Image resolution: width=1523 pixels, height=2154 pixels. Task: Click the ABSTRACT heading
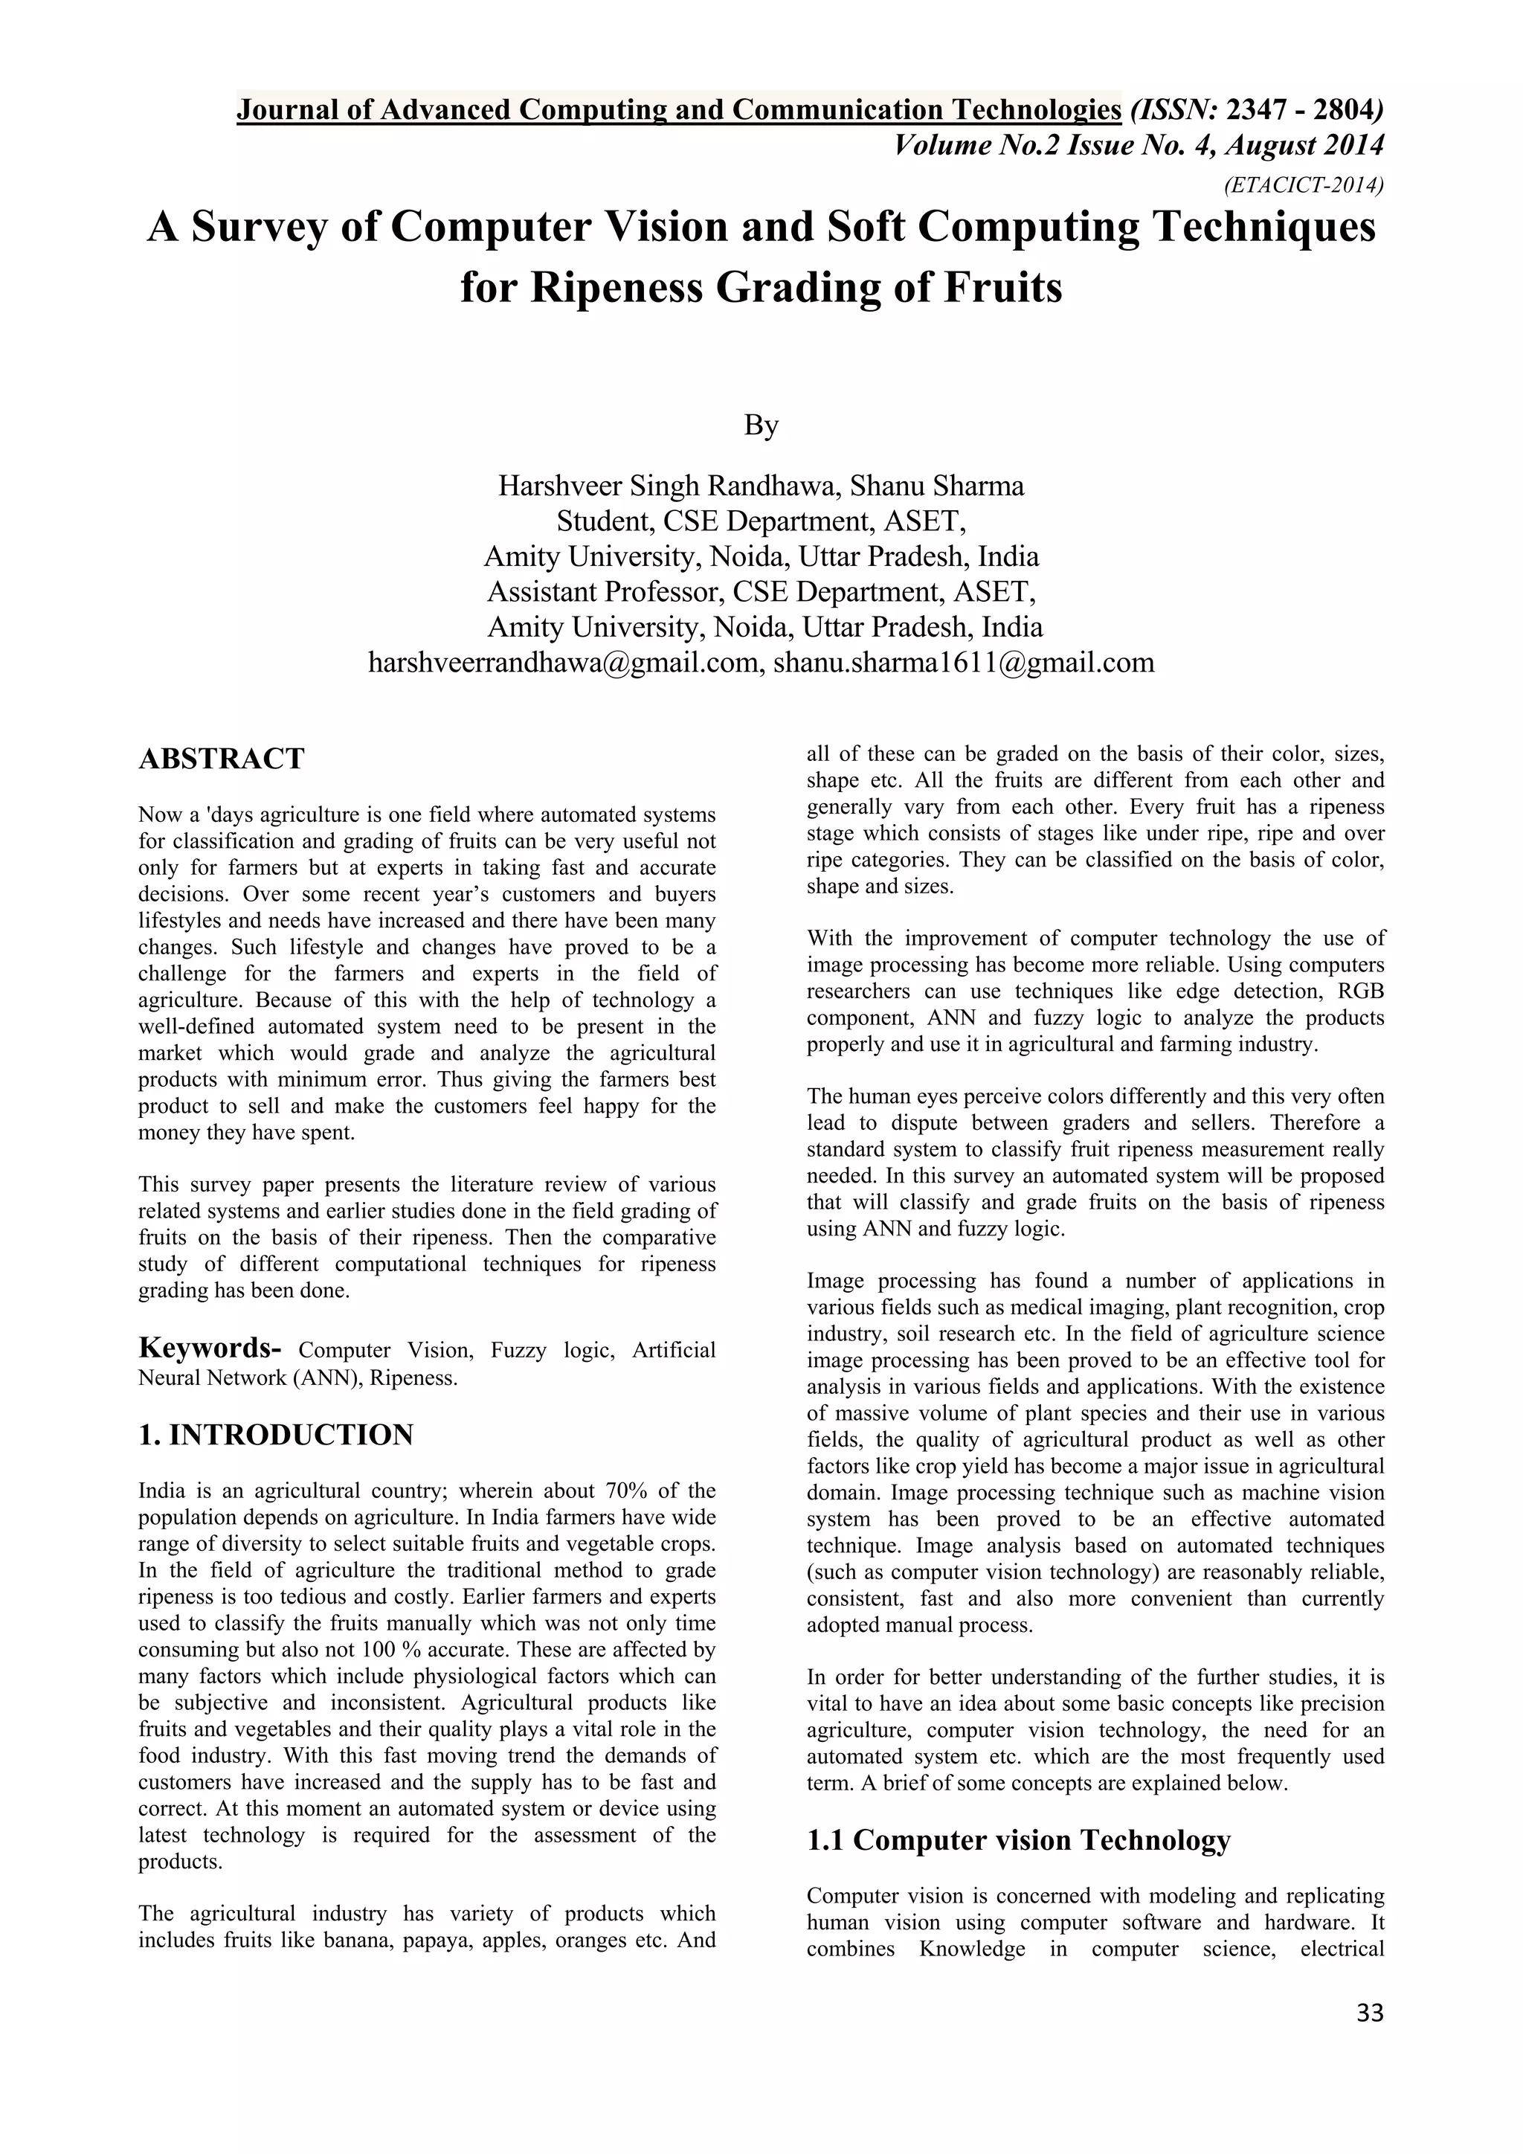pos(222,758)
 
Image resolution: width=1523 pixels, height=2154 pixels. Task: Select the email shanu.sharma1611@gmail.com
pos(963,662)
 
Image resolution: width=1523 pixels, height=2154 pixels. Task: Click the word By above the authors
pos(761,425)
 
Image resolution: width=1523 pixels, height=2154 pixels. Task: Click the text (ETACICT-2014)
pos(1304,184)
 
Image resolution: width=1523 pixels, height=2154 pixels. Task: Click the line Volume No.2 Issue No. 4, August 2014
pos(1139,146)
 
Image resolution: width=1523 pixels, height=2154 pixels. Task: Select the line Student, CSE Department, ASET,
pos(761,521)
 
